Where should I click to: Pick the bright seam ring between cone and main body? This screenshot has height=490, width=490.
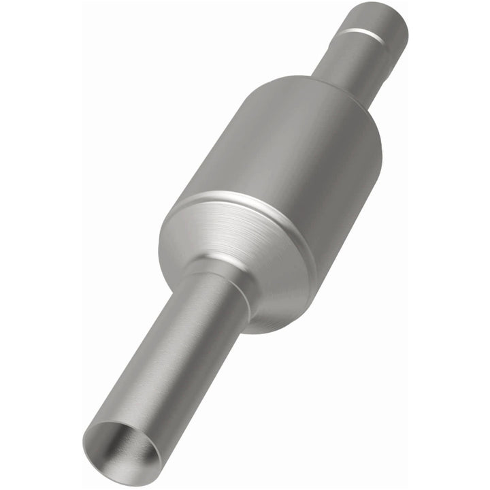pyautogui.click(x=252, y=204)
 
